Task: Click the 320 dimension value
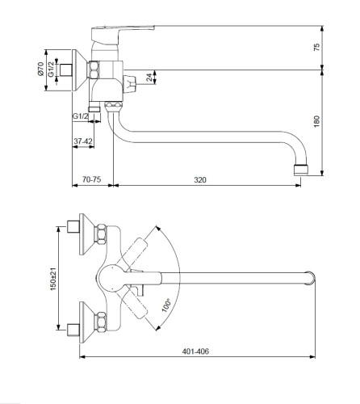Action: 200,179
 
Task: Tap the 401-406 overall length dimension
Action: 195,351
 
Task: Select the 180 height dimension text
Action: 316,121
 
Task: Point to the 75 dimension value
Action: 316,47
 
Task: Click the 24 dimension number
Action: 149,78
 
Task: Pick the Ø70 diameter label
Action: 40,69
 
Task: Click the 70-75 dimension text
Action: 91,179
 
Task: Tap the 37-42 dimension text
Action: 83,141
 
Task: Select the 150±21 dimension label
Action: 53,279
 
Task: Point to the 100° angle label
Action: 166,305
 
